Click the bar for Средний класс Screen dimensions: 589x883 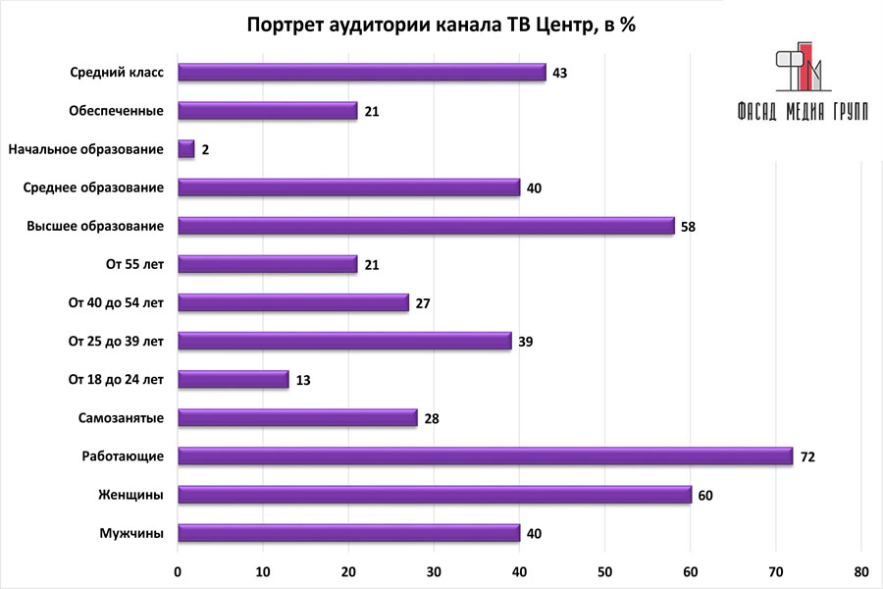point(361,72)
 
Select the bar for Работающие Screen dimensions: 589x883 point(485,455)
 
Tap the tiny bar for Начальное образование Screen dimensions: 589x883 point(186,149)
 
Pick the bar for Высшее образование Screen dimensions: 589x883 point(426,226)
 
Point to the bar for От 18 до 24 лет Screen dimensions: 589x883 point(234,379)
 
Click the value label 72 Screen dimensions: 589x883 point(807,456)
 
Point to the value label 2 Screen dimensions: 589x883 point(206,150)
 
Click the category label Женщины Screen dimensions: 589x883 point(130,494)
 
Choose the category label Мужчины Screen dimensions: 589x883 point(131,532)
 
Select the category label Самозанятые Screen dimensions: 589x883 point(121,417)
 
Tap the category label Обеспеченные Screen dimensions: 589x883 point(116,110)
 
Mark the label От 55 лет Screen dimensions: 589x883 point(136,264)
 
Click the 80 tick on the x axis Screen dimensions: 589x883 point(861,571)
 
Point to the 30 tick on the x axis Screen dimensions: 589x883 point(434,571)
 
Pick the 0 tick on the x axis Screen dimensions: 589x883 point(178,571)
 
